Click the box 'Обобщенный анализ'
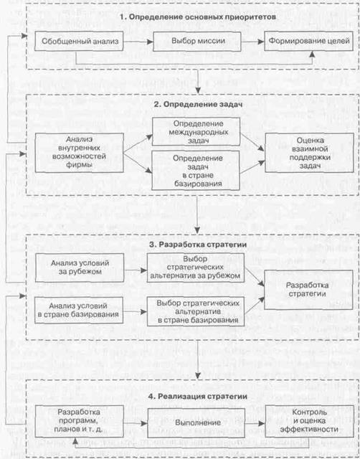tap(79, 42)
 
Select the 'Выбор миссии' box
tap(197, 42)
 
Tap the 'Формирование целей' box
tap(309, 41)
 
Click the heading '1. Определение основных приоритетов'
tap(198, 17)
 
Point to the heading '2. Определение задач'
tap(198, 105)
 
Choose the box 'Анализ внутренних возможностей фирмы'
tap(80, 153)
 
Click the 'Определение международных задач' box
tap(196, 132)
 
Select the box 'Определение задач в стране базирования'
tap(196, 171)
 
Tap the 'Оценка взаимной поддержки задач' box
tap(309, 153)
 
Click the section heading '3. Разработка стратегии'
tap(198, 245)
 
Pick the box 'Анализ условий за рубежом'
tap(80, 268)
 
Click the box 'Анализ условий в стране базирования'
tap(79, 311)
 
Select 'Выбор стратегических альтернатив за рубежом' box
tap(196, 268)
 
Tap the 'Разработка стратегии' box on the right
tap(308, 290)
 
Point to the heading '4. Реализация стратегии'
tap(198, 397)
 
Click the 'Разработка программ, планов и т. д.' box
tap(80, 422)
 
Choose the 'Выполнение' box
tap(196, 423)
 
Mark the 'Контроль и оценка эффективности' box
tap(309, 421)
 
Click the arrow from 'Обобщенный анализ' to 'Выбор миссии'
tap(138, 42)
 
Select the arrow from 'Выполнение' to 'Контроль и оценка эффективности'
tap(255, 423)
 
